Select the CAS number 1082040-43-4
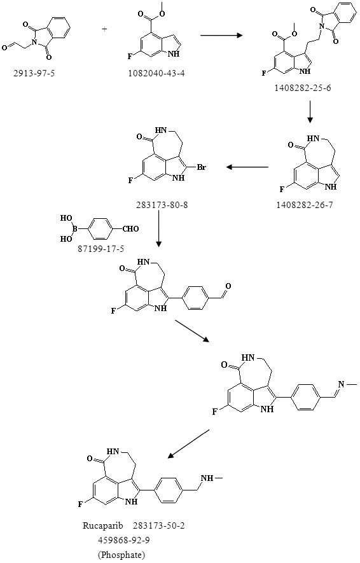[157, 74]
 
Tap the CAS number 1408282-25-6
[303, 88]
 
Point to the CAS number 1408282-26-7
[305, 205]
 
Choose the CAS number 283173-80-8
[162, 205]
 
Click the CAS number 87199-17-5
[101, 249]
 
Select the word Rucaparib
[103, 526]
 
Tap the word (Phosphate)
[121, 555]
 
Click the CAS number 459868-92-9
[121, 540]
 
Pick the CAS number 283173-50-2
[159, 526]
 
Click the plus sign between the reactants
[105, 29]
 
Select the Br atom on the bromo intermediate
[202, 167]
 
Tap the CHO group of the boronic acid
[130, 229]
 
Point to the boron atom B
[76, 228]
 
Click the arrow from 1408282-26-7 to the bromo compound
[247, 167]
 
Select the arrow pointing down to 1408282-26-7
[310, 113]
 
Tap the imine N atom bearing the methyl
[341, 384]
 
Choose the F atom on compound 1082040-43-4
[131, 55]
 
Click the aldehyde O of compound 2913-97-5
[4, 48]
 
